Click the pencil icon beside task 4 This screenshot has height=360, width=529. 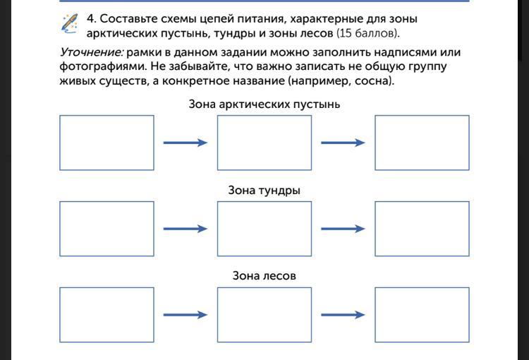69,23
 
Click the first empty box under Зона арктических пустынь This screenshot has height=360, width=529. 107,143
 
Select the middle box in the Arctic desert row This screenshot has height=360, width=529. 264,143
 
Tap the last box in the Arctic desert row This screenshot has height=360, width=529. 422,143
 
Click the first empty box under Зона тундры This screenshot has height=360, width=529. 107,229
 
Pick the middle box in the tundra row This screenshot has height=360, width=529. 264,229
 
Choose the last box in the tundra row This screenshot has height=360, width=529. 422,229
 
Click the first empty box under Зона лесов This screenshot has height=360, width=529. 107,315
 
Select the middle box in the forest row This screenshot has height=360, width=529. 264,315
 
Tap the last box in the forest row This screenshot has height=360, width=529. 422,315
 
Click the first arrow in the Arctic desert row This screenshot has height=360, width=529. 186,143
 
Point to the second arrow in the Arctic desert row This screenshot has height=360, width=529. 343,143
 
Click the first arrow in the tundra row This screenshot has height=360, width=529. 186,229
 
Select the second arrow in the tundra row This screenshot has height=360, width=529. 343,229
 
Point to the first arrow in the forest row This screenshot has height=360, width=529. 186,315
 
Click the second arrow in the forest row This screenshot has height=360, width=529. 343,315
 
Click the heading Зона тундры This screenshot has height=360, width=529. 264,191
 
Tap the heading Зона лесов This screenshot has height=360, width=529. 264,276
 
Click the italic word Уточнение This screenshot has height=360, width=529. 92,52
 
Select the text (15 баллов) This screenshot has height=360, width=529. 367,33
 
